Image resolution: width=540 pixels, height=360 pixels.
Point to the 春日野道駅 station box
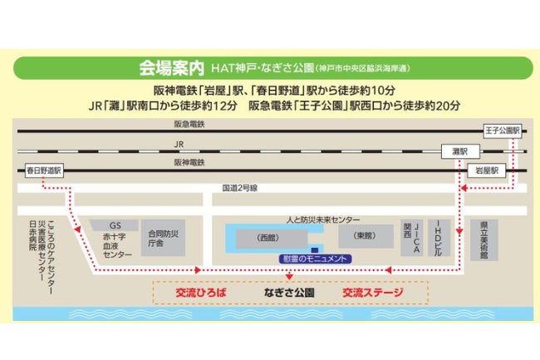(x=39, y=169)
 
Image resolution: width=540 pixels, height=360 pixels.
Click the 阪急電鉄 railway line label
(x=189, y=123)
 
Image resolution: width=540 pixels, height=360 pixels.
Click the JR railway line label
(x=179, y=143)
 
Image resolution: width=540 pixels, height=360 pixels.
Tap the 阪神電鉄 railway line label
(x=189, y=163)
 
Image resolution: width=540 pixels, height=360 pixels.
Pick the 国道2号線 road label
(x=240, y=188)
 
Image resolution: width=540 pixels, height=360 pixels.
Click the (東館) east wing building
(x=366, y=237)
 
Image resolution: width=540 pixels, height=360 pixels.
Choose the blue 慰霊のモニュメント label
(x=315, y=259)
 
